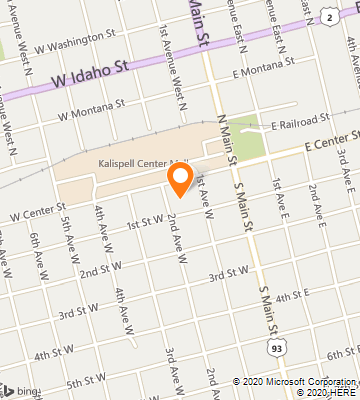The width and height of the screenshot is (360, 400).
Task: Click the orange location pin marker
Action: point(180,180)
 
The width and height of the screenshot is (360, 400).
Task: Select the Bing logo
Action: point(23,390)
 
